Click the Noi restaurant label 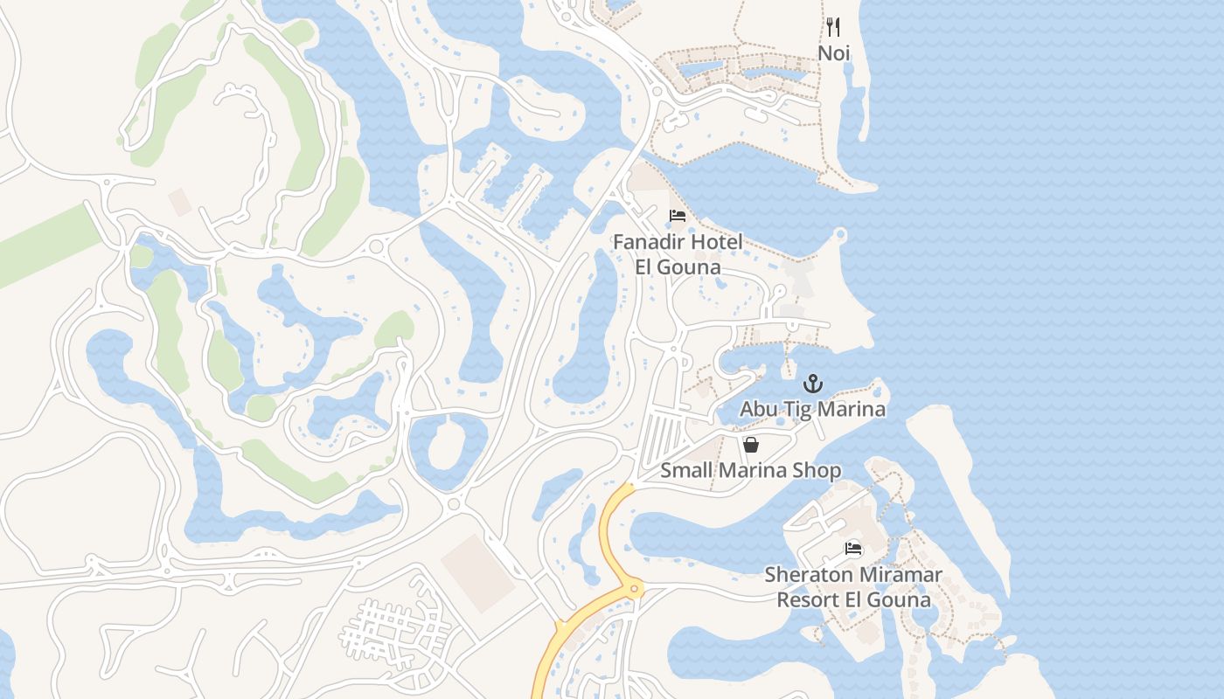pos(833,53)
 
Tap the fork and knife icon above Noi pos(833,27)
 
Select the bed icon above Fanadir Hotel pos(677,216)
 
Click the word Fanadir pos(650,242)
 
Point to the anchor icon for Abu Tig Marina pos(813,384)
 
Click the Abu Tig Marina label pos(812,409)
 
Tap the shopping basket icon pos(751,445)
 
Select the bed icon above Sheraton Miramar pos(853,549)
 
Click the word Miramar pos(899,575)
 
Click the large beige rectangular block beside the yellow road pos(478,572)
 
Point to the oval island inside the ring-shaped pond pos(449,447)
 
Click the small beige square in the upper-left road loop pos(181,202)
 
